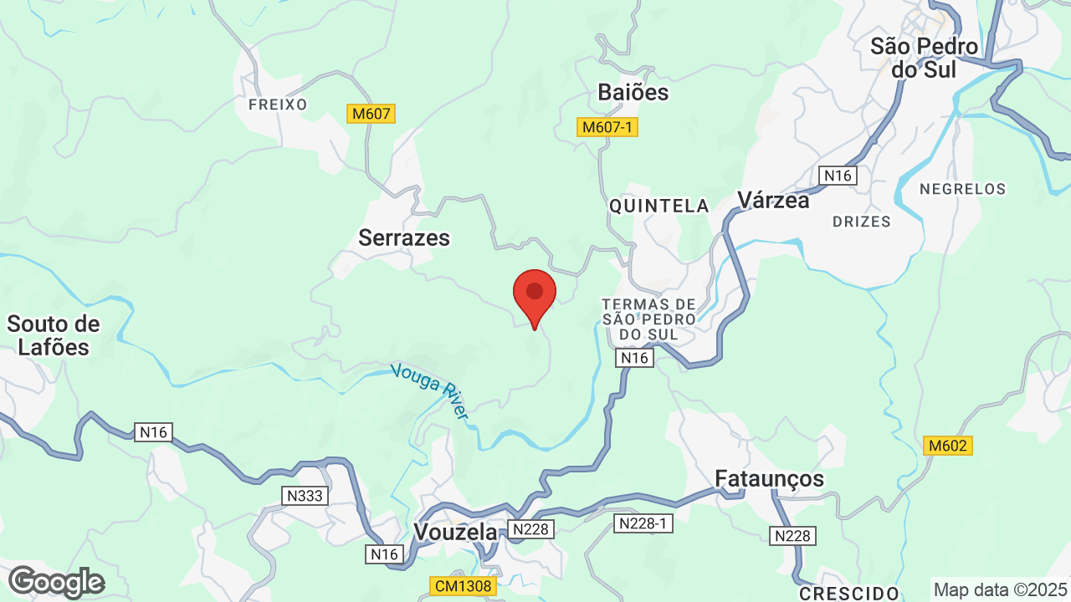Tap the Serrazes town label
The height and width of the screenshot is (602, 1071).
pyautogui.click(x=404, y=238)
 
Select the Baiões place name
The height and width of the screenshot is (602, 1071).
pyautogui.click(x=633, y=93)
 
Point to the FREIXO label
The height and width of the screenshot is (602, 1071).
pyautogui.click(x=278, y=105)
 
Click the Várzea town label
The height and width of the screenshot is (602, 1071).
pyautogui.click(x=773, y=201)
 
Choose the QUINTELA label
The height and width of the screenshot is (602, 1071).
pyautogui.click(x=659, y=206)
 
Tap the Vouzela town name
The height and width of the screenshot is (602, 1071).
pyautogui.click(x=454, y=532)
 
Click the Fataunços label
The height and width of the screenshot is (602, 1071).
pyautogui.click(x=769, y=478)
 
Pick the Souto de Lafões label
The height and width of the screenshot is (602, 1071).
pyautogui.click(x=54, y=335)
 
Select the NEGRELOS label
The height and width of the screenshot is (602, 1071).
pyautogui.click(x=962, y=189)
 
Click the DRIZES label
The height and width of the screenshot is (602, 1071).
pyautogui.click(x=862, y=222)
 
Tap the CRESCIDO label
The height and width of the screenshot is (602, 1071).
pyautogui.click(x=849, y=594)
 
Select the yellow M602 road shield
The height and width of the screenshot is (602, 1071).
pyautogui.click(x=947, y=446)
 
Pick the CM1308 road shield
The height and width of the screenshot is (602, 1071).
pyautogui.click(x=463, y=586)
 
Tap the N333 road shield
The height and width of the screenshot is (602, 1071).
pyautogui.click(x=305, y=496)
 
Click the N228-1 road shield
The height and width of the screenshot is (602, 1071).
pyautogui.click(x=643, y=523)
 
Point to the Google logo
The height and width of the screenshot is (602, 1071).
pyautogui.click(x=56, y=582)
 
